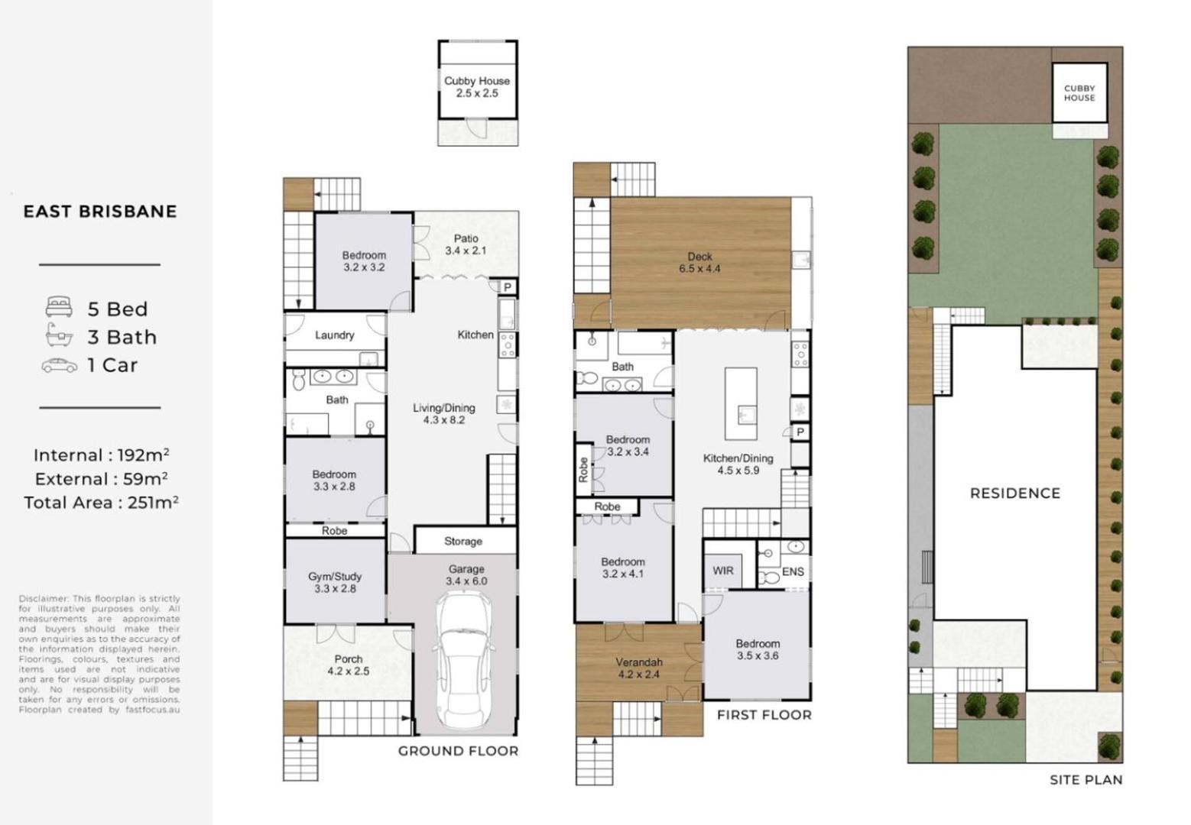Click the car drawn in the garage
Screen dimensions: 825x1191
point(465,662)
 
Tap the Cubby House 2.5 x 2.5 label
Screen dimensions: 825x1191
point(477,87)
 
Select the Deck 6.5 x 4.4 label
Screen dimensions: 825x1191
point(699,263)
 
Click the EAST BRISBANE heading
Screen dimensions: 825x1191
point(100,212)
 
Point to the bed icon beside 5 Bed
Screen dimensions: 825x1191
point(59,308)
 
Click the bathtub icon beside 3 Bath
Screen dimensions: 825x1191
point(59,335)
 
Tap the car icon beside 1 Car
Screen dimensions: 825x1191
point(59,365)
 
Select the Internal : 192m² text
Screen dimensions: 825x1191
point(100,455)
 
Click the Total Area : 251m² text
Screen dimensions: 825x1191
point(100,503)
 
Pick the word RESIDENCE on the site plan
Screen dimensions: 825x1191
point(1014,493)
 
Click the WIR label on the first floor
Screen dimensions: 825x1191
point(722,571)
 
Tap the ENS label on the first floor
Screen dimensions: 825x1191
point(793,571)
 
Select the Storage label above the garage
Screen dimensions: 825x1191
point(463,542)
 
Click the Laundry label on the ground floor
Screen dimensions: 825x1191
point(334,335)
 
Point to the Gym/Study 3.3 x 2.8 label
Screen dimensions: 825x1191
point(335,583)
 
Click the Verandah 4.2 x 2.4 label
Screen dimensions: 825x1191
point(639,668)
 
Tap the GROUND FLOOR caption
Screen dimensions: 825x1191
point(458,751)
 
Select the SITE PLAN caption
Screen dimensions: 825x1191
point(1086,780)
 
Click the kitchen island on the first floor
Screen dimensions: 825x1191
point(740,404)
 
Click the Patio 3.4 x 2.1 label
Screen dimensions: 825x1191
point(466,244)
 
